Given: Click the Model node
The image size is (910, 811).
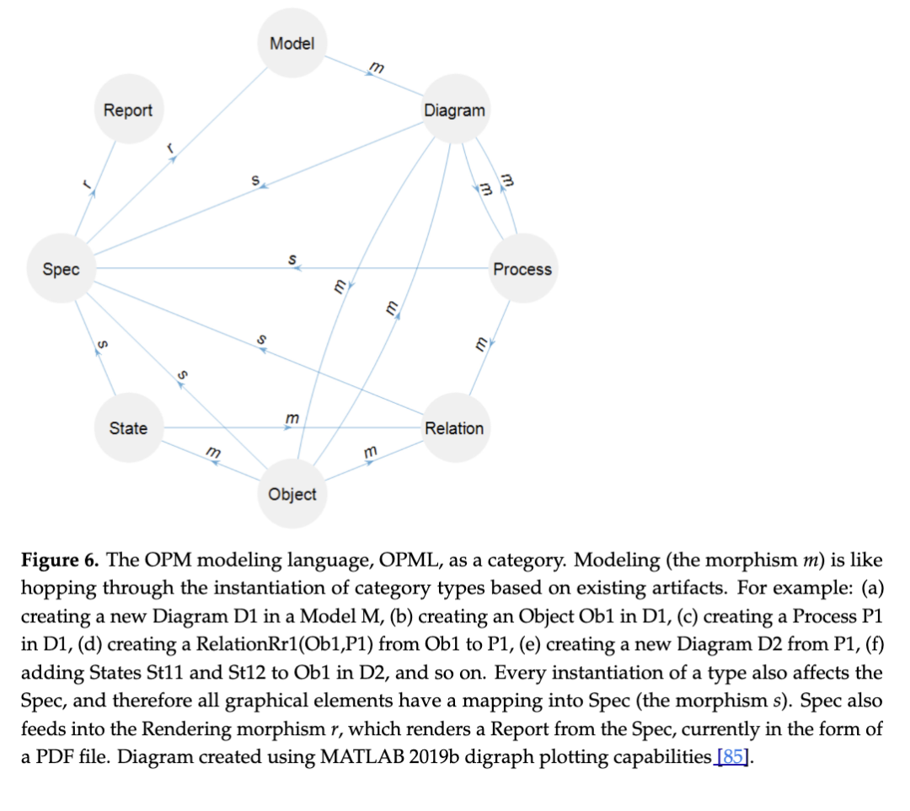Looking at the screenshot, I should pyautogui.click(x=292, y=43).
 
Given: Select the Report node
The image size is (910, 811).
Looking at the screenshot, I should pyautogui.click(x=127, y=110).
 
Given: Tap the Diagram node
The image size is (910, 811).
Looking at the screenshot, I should pyautogui.click(x=454, y=110).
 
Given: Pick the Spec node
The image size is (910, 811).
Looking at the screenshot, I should pyautogui.click(x=61, y=269).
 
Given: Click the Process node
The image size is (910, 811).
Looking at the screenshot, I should pyautogui.click(x=522, y=269).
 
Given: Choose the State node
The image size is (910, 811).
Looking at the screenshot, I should pyautogui.click(x=128, y=428).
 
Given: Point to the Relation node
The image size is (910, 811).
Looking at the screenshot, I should pyautogui.click(x=454, y=428).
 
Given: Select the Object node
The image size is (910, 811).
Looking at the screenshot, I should pyautogui.click(x=292, y=494).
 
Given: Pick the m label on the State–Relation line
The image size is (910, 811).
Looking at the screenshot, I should pyautogui.click(x=292, y=418).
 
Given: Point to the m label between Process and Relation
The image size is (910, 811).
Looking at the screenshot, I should pyautogui.click(x=481, y=343).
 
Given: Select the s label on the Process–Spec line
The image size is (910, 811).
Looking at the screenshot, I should pyautogui.click(x=292, y=259).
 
